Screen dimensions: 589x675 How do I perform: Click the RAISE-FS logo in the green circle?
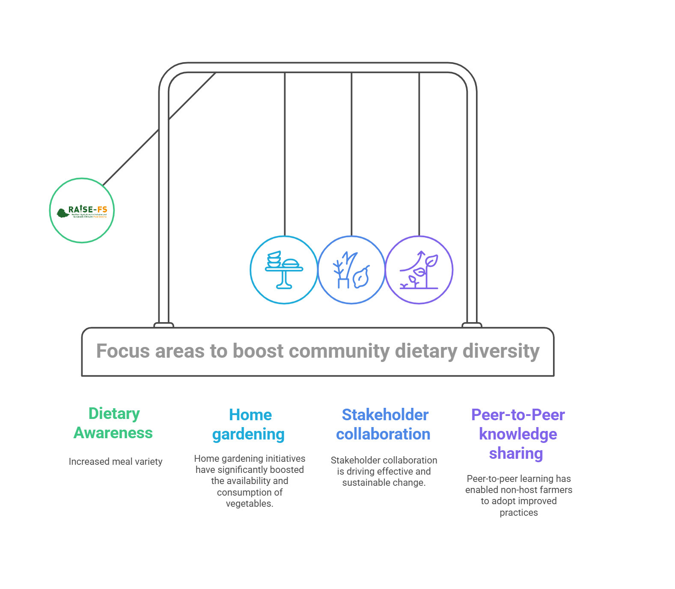(x=82, y=210)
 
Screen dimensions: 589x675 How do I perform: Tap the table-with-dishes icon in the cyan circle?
(x=284, y=270)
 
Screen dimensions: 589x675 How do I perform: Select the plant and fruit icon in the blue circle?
(x=351, y=270)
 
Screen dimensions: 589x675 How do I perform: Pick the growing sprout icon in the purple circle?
(x=419, y=270)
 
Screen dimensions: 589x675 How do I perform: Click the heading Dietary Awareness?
(x=113, y=423)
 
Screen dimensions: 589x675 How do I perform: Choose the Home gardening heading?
(x=249, y=425)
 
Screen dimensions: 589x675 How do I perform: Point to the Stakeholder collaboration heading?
(x=384, y=425)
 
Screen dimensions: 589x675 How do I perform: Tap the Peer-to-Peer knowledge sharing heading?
(x=517, y=434)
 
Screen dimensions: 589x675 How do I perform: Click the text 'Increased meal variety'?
(x=116, y=462)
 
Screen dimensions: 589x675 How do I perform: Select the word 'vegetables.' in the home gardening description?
(x=250, y=504)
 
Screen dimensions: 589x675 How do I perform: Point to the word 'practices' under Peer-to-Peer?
(x=519, y=513)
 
